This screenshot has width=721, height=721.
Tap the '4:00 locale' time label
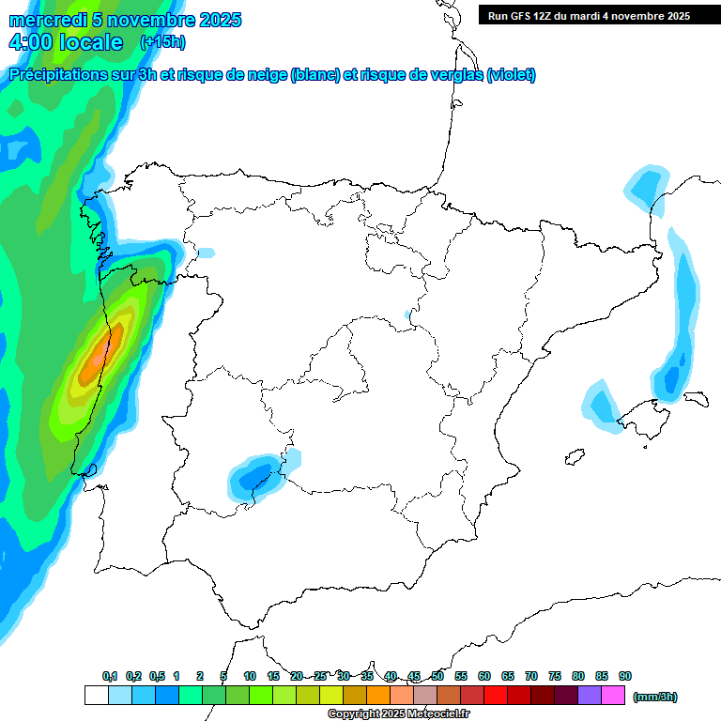65,42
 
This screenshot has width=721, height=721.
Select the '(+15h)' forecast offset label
162,42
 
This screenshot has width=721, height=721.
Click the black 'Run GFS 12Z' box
589,15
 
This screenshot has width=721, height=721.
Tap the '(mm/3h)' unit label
655,697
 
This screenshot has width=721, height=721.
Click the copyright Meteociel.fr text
398,714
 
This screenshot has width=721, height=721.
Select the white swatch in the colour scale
96,696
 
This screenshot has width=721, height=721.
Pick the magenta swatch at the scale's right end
613,696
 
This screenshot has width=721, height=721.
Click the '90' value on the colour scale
625,676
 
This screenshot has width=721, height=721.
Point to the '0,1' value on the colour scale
110,676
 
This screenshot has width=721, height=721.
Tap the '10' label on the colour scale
250,676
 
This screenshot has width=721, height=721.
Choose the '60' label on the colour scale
484,676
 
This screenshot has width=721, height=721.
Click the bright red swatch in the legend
496,696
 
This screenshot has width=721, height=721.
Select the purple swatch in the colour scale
590,696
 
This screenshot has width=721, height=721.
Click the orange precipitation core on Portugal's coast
97,360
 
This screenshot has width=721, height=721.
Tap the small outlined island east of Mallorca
695,398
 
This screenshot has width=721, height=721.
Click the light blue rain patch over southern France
646,184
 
